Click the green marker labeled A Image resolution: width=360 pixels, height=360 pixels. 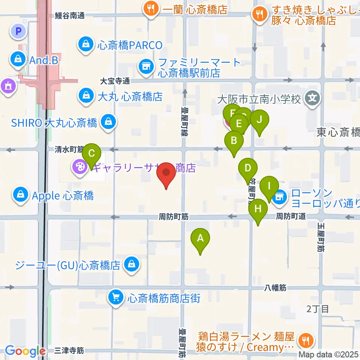point(200,238)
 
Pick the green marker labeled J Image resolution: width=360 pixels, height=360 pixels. point(259,120)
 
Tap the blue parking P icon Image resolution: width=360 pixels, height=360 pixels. point(18,31)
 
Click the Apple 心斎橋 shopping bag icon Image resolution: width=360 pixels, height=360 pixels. point(19,195)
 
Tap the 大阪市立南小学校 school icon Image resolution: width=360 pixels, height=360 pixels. point(312,99)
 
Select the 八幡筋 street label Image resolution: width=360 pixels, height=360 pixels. point(275,288)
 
